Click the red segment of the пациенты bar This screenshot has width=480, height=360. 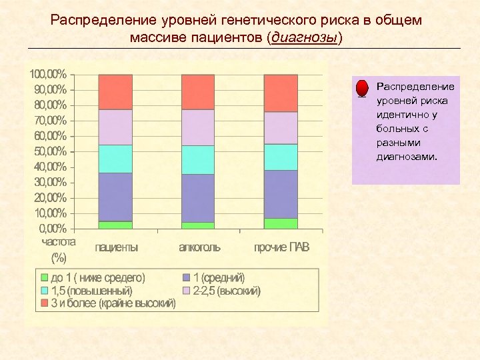pyautogui.click(x=115, y=92)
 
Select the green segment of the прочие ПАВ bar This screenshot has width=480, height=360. pyautogui.click(x=281, y=223)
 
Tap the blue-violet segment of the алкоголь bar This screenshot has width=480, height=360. pyautogui.click(x=198, y=198)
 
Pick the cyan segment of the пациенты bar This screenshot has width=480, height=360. pyautogui.click(x=115, y=159)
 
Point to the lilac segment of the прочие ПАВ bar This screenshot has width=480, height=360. pyautogui.click(x=281, y=128)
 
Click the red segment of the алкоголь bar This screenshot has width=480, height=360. pyautogui.click(x=198, y=92)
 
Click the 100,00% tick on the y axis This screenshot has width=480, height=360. pyautogui.click(x=47, y=73)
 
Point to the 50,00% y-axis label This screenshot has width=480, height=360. pyautogui.click(x=47, y=151)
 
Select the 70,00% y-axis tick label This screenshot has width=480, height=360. pyautogui.click(x=47, y=120)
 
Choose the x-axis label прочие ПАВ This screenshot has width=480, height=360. pyautogui.click(x=281, y=247)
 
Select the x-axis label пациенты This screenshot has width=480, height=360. pyautogui.click(x=117, y=247)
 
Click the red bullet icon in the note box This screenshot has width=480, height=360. pyautogui.click(x=361, y=89)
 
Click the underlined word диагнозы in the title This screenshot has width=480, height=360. pyautogui.click(x=303, y=37)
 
